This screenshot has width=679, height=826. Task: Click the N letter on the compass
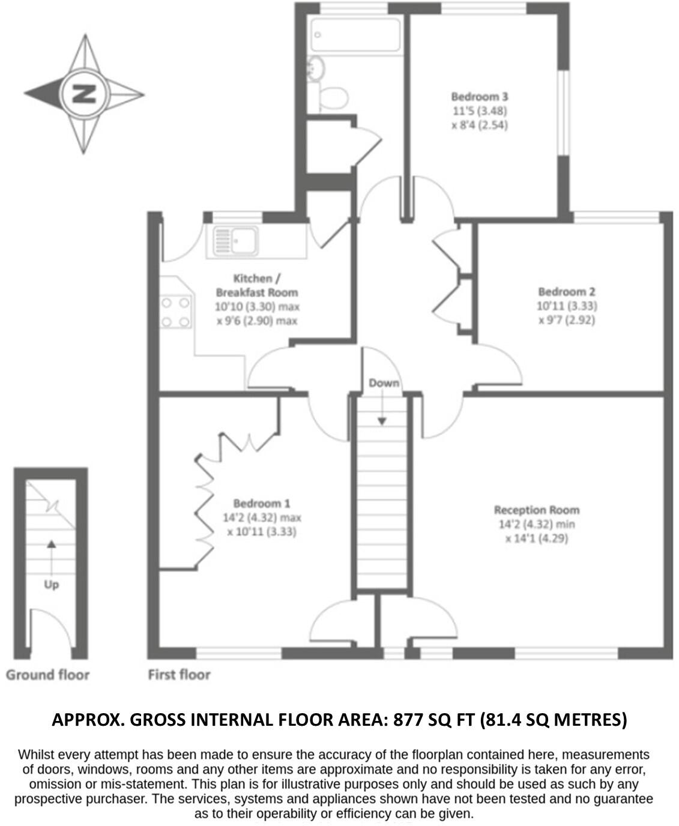pyautogui.click(x=84, y=94)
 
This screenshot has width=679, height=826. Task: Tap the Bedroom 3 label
pyautogui.click(x=480, y=96)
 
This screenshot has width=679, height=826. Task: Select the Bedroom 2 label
pyautogui.click(x=567, y=292)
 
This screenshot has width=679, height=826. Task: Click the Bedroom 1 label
pyautogui.click(x=262, y=503)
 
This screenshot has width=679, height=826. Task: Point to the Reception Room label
pyautogui.click(x=537, y=510)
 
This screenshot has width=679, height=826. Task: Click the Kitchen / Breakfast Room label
pyautogui.click(x=257, y=285)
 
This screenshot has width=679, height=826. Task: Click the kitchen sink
pyautogui.click(x=235, y=241)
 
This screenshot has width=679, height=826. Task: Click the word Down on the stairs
pyautogui.click(x=384, y=383)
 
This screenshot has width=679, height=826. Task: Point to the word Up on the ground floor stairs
pyautogui.click(x=51, y=584)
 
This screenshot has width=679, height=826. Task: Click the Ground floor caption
pyautogui.click(x=47, y=675)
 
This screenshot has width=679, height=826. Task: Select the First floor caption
pyautogui.click(x=179, y=675)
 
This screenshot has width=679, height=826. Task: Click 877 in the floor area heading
pyautogui.click(x=406, y=719)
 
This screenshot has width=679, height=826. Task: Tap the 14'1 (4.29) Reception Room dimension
pyautogui.click(x=537, y=538)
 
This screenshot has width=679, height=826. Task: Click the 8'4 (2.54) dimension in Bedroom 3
pyautogui.click(x=480, y=125)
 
